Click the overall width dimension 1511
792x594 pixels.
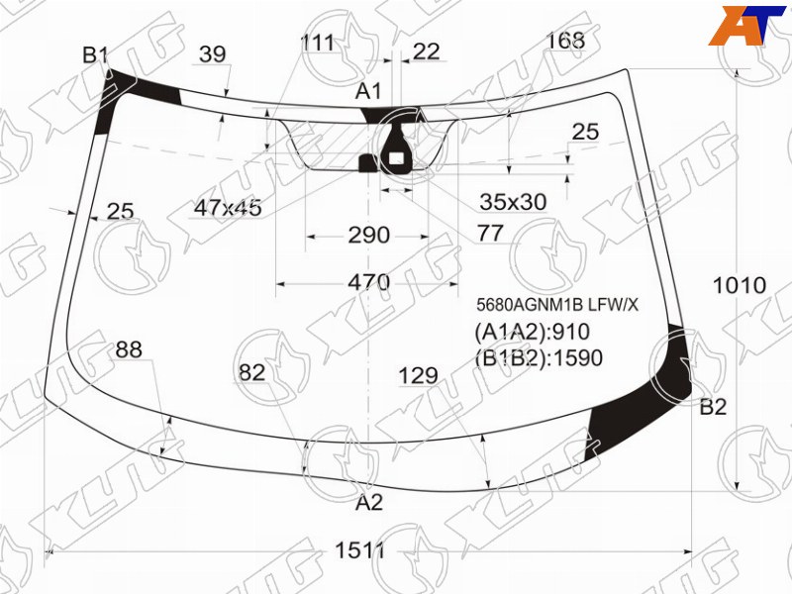coord(360,550)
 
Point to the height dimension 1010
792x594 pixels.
coord(739,286)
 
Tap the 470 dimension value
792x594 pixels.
coord(368,282)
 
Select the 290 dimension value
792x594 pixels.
coord(368,235)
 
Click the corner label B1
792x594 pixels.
coord(95,55)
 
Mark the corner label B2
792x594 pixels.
coord(713,407)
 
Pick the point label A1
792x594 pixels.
coord(368,91)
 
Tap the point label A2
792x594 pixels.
coord(369,502)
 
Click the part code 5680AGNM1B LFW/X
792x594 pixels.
coord(557,305)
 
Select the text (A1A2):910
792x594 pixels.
coord(533,332)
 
